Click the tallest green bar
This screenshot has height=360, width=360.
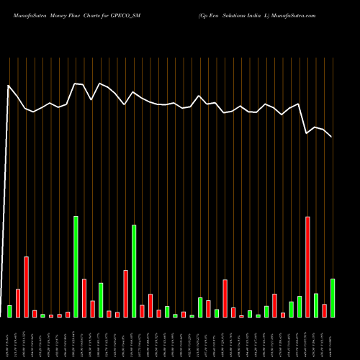(76, 266)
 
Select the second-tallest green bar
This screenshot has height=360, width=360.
(134, 271)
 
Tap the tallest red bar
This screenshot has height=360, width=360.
(307, 266)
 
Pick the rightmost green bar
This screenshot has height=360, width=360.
(333, 297)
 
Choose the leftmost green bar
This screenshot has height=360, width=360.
(9, 311)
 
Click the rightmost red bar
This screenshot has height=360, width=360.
(324, 310)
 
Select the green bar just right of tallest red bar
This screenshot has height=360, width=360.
(316, 305)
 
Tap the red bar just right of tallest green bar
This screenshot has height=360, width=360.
(84, 297)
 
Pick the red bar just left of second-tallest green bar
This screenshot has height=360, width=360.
(125, 293)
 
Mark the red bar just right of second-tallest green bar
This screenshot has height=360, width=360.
(142, 311)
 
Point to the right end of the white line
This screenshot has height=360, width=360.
(332, 137)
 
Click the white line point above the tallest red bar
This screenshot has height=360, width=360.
(307, 133)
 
